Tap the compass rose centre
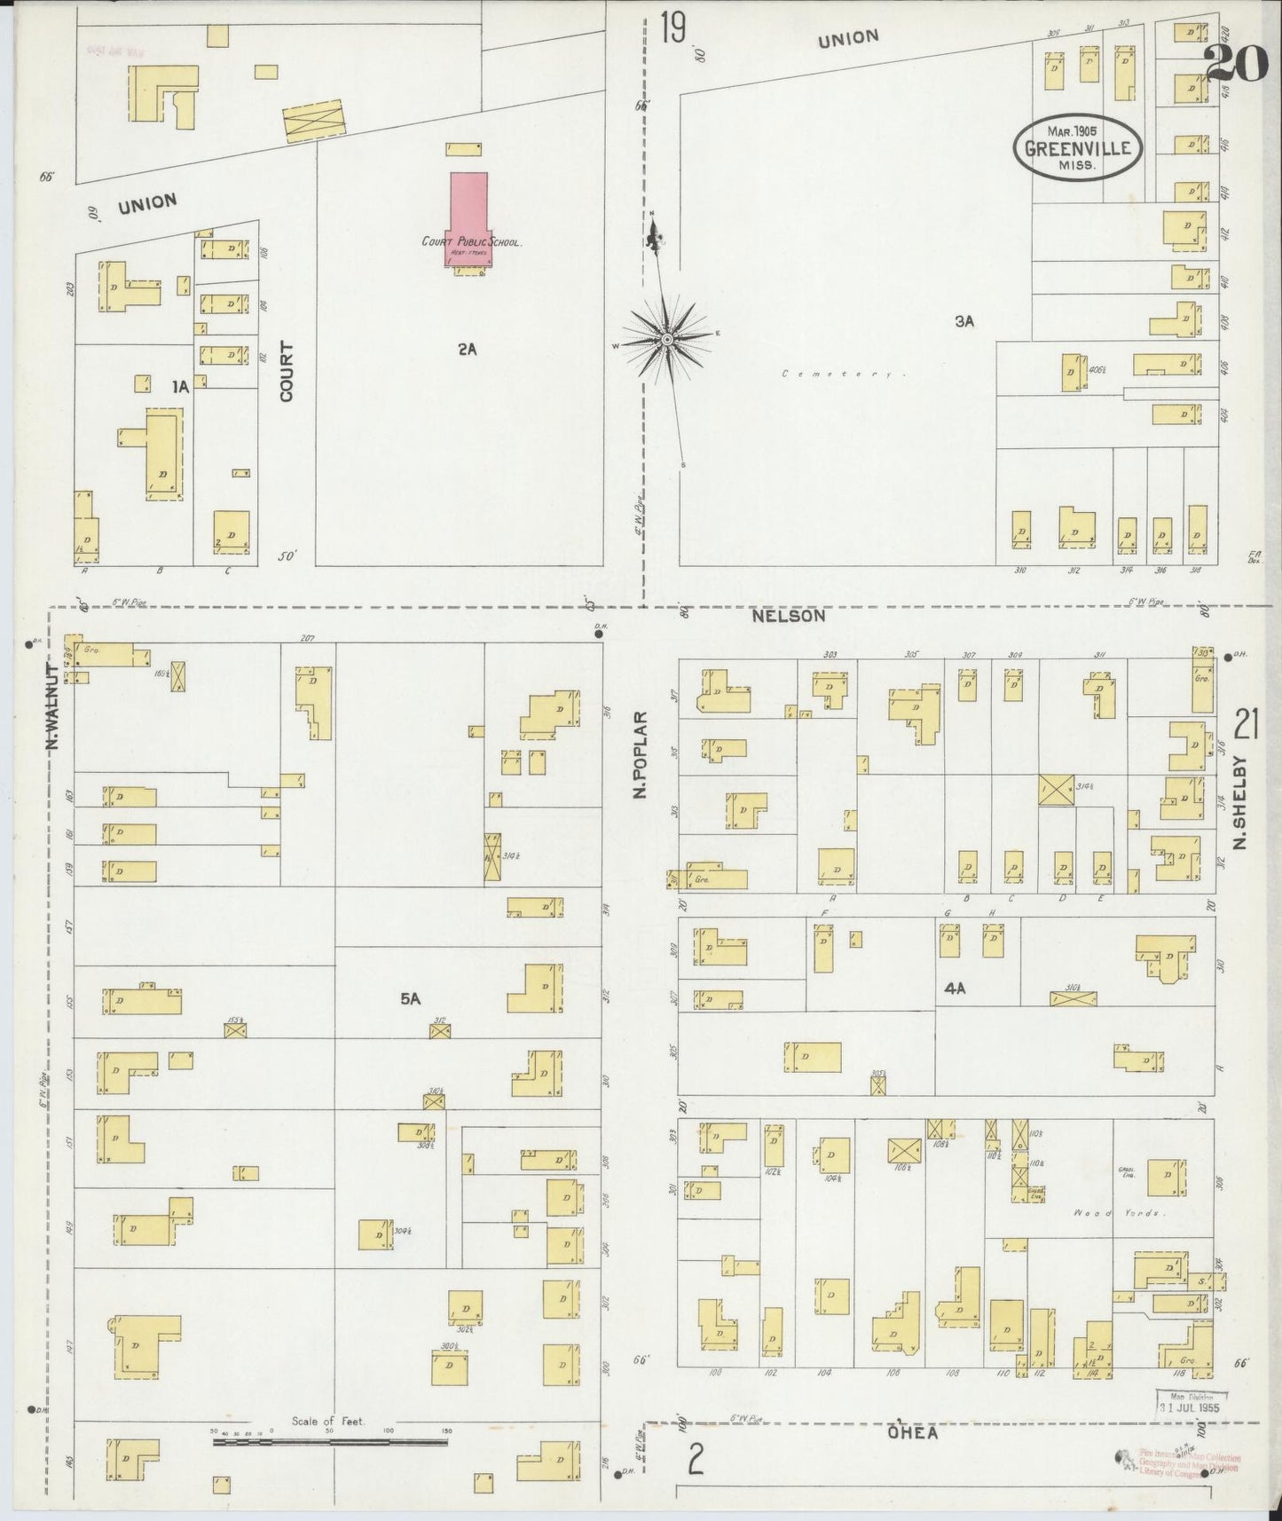coord(665,339)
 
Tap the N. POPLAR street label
coord(641,754)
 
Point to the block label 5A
coord(409,998)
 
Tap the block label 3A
coord(964,321)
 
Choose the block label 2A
coord(467,349)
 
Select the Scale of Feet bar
coord(330,1442)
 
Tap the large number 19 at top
coord(673,28)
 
